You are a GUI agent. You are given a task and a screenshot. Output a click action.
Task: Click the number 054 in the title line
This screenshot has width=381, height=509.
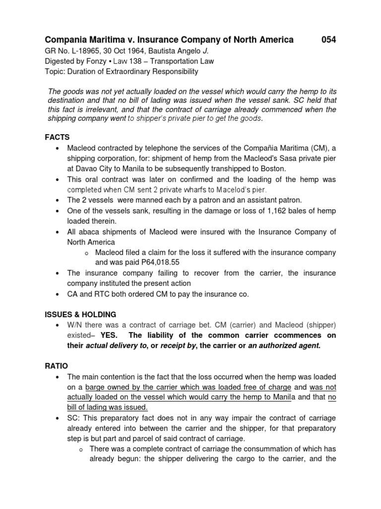328,40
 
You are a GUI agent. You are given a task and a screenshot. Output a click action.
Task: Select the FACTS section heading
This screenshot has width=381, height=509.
57,137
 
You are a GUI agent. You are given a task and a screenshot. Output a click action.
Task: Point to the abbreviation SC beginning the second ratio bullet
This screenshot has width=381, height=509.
72,418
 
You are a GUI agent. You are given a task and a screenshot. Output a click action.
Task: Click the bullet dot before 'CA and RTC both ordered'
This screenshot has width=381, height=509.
59,294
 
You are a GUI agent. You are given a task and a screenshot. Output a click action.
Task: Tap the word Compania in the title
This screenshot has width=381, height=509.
67,40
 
